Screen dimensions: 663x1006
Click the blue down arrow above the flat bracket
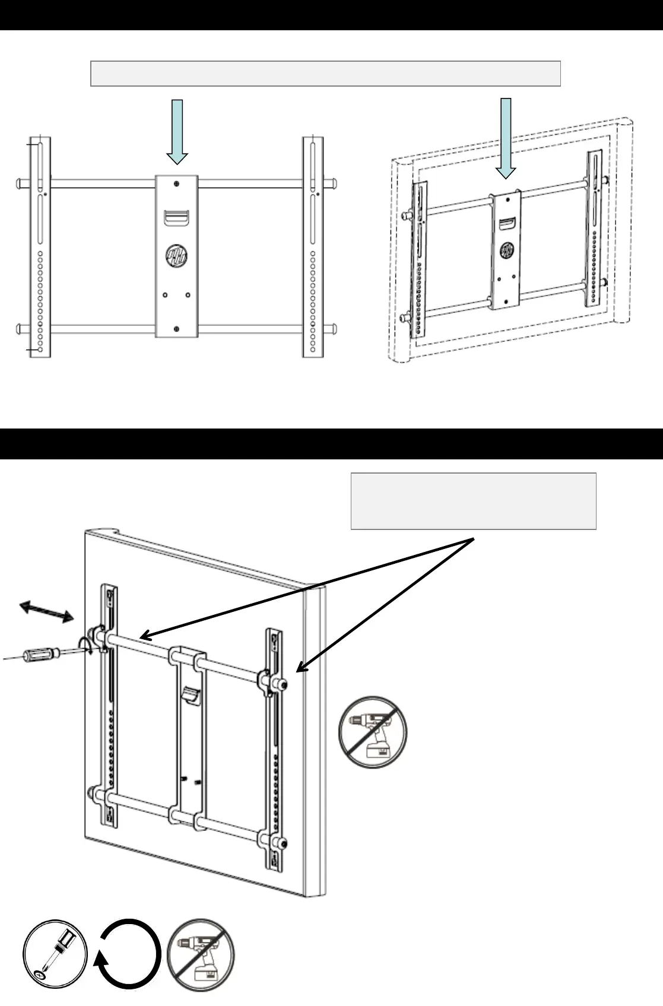tap(177, 132)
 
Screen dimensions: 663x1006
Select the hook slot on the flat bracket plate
tap(176, 217)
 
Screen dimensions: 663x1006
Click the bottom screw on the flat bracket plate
tap(176, 329)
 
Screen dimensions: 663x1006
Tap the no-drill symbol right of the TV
tap(373, 732)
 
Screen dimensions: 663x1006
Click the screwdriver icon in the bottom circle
tap(55, 955)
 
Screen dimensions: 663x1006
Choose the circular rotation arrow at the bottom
tap(129, 955)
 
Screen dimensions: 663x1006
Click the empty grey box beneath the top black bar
tap(325, 73)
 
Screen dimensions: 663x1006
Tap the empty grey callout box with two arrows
tap(473, 500)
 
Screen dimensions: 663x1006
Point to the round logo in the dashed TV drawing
tap(506, 250)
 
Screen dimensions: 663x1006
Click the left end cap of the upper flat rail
tap(19, 183)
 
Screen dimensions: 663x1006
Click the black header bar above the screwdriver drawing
tap(331, 444)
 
